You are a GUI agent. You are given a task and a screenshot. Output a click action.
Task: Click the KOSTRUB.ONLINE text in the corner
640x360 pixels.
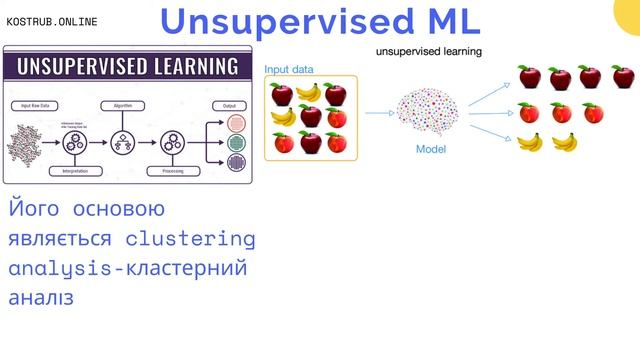coord(52,21)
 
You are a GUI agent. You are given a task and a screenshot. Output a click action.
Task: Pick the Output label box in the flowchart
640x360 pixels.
coord(230,104)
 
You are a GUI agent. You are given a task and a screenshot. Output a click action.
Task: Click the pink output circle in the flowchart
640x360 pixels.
coord(236,123)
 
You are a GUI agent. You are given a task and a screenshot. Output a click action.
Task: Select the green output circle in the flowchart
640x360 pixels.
coord(236,142)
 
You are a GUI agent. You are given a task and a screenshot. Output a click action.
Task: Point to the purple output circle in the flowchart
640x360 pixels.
coord(236,161)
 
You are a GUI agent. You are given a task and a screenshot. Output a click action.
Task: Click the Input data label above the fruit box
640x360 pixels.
coord(288,69)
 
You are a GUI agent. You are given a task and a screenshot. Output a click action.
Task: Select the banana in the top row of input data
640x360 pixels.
coord(308,94)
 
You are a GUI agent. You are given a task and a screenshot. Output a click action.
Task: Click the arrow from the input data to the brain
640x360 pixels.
coord(378,113)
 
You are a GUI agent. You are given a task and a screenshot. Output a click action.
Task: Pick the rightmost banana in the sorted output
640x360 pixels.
coord(565,142)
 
